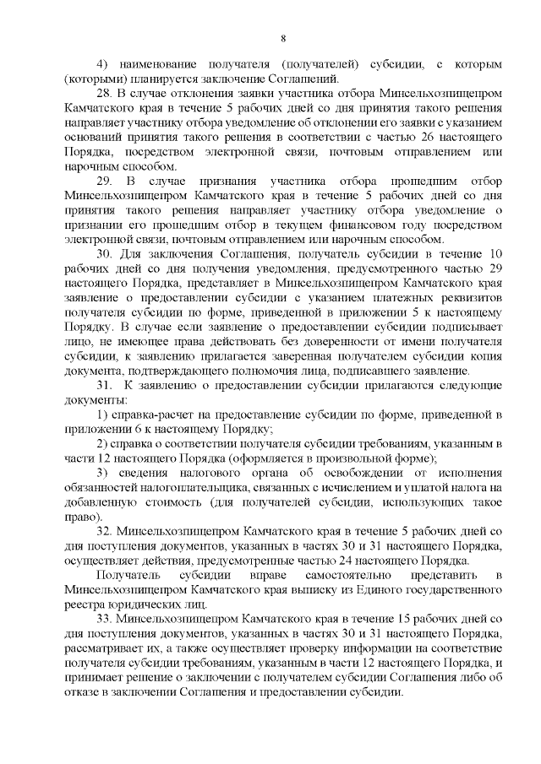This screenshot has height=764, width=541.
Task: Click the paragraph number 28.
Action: tap(105, 92)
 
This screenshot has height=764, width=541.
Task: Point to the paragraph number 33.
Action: tap(105, 618)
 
